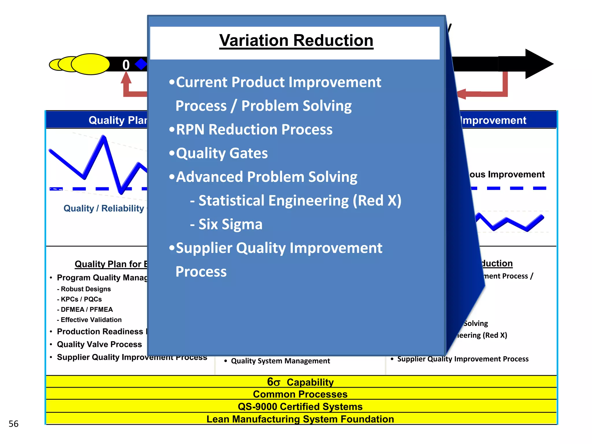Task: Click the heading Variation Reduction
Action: click(296, 40)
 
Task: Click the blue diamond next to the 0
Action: click(141, 64)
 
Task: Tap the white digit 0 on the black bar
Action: click(126, 65)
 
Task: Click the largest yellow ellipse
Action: click(90, 64)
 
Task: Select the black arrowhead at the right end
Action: click(538, 64)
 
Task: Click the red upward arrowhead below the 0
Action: click(126, 78)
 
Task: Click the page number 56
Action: click(14, 424)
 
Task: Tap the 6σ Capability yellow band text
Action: click(300, 382)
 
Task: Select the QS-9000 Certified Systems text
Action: click(300, 407)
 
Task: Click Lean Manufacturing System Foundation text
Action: click(300, 419)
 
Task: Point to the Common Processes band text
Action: click(300, 394)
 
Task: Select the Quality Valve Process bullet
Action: click(99, 344)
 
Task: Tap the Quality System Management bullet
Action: click(280, 361)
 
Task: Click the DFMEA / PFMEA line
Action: click(86, 310)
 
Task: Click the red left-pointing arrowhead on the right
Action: click(462, 94)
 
